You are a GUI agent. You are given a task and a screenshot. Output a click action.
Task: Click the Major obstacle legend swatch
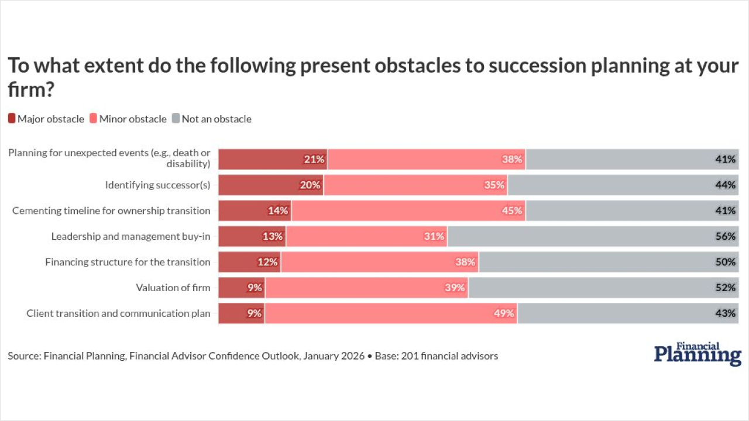[12, 119]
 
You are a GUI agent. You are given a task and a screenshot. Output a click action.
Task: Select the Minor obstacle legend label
[133, 119]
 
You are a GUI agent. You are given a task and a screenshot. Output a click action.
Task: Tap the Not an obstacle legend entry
[216, 119]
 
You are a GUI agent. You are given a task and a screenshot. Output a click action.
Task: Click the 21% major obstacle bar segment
[273, 159]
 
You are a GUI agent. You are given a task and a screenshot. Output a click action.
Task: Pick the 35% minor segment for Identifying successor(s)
[415, 185]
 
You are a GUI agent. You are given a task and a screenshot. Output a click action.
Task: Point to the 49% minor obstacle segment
[391, 313]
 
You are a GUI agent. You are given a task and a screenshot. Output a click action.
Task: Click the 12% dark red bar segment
[250, 262]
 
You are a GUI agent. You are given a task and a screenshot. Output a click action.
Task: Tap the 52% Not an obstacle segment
[603, 288]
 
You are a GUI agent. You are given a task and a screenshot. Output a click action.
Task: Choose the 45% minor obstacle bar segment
[408, 210]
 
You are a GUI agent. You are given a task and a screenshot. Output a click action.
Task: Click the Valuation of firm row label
[173, 288]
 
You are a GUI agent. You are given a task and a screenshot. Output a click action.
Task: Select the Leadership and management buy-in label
[130, 236]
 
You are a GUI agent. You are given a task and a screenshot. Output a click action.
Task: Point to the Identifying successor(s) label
[157, 185]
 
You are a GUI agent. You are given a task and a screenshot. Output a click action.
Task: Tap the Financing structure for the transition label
[128, 262]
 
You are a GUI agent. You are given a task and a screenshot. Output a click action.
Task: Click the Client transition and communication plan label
[118, 313]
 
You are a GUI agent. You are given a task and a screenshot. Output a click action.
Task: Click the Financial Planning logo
[698, 354]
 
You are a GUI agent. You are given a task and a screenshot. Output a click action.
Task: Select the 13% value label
[273, 236]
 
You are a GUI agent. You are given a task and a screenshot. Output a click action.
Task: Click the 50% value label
[725, 262]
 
